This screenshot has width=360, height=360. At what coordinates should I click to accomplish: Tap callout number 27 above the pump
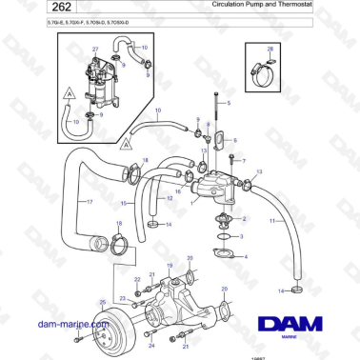click(x=95, y=49)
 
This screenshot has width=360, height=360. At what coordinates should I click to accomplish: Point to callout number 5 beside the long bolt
click(x=230, y=102)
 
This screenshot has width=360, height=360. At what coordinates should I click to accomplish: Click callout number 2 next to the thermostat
click(x=245, y=219)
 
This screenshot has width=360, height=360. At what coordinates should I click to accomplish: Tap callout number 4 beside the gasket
click(x=246, y=257)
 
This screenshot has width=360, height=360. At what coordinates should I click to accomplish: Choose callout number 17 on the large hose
click(x=90, y=202)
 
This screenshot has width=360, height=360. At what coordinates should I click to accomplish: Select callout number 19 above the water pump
click(x=170, y=267)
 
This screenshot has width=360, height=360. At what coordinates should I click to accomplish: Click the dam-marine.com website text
click(x=71, y=325)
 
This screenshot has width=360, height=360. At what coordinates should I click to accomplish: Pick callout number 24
click(x=151, y=347)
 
